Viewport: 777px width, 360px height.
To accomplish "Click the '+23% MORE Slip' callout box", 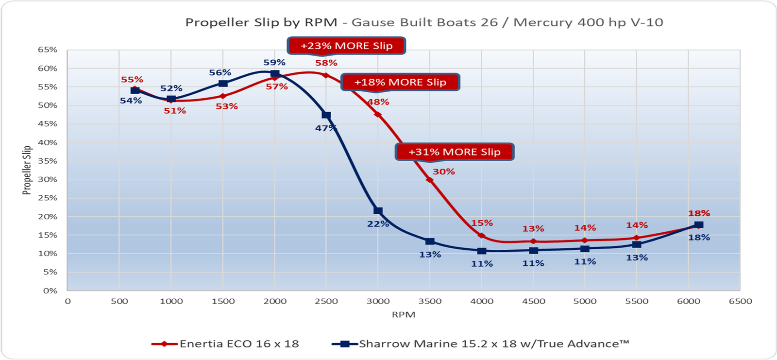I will click(346, 46).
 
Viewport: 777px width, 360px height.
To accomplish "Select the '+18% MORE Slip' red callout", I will click(400, 82).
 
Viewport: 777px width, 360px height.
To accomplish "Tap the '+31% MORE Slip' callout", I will click(455, 152).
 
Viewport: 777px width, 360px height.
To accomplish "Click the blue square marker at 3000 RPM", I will click(378, 211).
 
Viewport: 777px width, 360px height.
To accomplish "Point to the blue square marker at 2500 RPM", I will click(326, 115).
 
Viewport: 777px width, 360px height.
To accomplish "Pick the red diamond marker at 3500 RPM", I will click(430, 180).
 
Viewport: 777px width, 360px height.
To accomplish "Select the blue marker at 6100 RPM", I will click(699, 225).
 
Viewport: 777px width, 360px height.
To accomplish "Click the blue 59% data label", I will click(274, 62).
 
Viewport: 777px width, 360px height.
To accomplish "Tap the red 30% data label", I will click(444, 171).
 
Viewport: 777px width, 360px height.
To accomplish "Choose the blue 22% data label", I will click(378, 224).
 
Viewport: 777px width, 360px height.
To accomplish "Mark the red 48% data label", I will click(378, 102).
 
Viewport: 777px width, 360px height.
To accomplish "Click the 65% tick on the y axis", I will click(48, 50).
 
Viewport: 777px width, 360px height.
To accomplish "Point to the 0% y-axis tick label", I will click(50, 291).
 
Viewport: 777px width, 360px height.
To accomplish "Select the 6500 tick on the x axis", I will click(740, 301).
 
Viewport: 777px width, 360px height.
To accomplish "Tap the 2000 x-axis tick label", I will click(275, 301).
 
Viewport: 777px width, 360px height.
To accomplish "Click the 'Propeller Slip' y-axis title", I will click(27, 170).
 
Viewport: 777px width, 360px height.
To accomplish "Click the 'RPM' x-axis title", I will click(404, 315).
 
